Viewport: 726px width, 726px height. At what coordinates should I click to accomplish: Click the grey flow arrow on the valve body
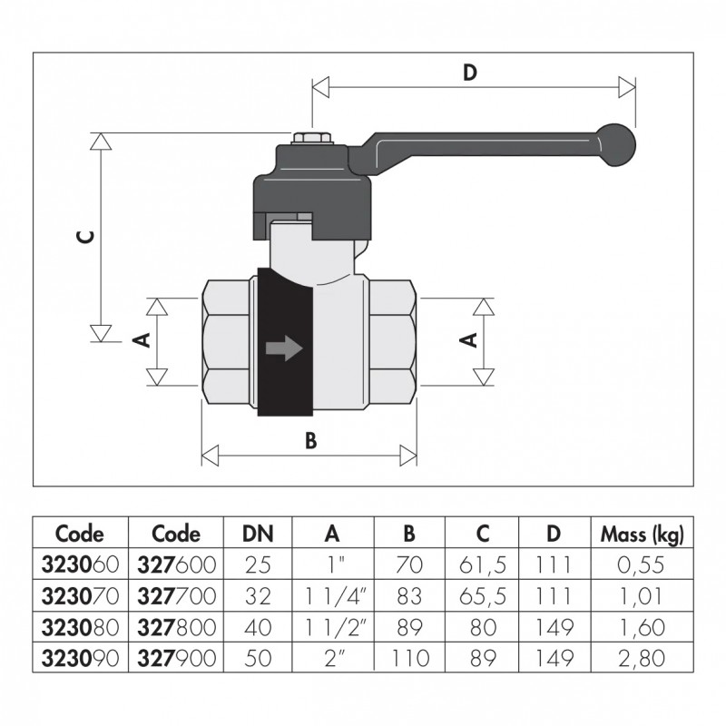[x=283, y=348]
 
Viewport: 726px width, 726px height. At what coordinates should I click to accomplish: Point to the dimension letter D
[x=470, y=74]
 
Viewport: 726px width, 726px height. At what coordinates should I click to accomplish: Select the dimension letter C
[x=84, y=238]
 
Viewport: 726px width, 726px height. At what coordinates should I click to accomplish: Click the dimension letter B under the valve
[x=309, y=440]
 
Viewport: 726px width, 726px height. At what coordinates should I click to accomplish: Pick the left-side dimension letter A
[x=141, y=339]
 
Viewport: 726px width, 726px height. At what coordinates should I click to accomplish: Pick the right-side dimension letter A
[x=468, y=339]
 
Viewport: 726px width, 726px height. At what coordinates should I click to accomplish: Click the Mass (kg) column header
[x=643, y=534]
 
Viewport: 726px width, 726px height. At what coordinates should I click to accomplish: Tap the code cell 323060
[x=80, y=565]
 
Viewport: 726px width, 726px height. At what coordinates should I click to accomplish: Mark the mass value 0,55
[x=643, y=565]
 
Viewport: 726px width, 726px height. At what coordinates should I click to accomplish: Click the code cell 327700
[x=176, y=596]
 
